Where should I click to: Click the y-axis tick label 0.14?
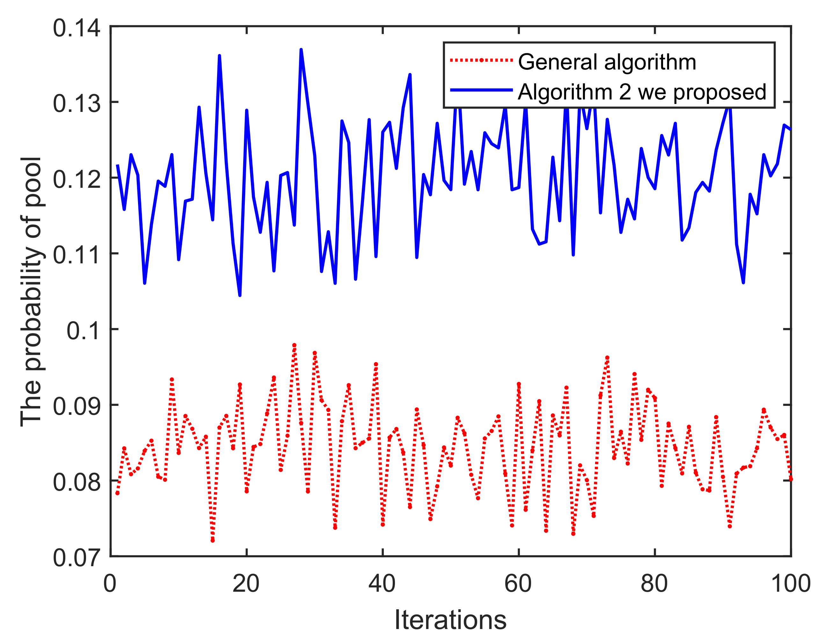77,28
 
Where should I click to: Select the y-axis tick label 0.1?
84,331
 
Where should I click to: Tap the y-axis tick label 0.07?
77,558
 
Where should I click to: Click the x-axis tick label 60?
518,583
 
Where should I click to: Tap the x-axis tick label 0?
110,583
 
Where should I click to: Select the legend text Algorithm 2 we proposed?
642,92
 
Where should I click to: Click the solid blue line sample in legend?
481,90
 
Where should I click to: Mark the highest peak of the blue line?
301,49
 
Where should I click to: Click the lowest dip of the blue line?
240,295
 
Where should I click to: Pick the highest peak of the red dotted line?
294,345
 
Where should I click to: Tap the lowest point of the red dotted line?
213,540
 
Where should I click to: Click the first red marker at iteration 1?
118,493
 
